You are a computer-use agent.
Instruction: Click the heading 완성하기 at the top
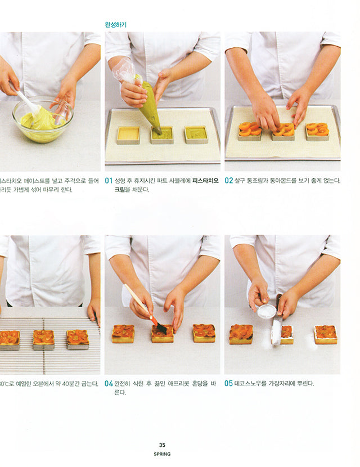[116, 25]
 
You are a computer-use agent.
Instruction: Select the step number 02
[229, 181]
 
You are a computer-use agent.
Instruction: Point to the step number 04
[109, 384]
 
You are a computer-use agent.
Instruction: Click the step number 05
[229, 384]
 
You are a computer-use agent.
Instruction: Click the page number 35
[162, 444]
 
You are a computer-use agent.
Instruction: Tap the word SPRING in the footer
[162, 453]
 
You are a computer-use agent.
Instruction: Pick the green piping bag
[150, 107]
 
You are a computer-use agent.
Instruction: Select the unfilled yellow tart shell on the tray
[128, 135]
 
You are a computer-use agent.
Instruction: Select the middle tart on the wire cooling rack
[43, 339]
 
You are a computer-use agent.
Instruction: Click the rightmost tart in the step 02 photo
[317, 131]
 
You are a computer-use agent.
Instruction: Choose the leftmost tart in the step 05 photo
[241, 334]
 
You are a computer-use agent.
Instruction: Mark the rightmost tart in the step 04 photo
[204, 333]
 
